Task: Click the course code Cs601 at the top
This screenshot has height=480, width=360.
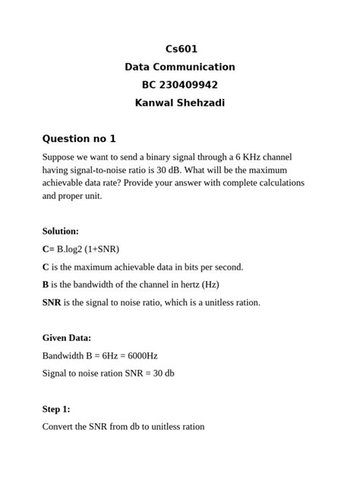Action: click(x=180, y=49)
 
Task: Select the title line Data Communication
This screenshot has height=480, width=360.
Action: click(x=180, y=67)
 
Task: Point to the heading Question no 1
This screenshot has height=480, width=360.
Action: click(x=79, y=139)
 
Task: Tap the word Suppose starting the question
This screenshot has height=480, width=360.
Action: click(x=59, y=157)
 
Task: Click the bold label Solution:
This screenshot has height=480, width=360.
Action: click(x=61, y=231)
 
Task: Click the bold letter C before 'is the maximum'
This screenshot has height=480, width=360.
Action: click(x=46, y=267)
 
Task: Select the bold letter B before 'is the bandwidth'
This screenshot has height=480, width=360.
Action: click(x=46, y=285)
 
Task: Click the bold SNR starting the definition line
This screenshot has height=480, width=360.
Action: click(x=52, y=302)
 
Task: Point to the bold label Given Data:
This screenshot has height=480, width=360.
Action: click(x=67, y=338)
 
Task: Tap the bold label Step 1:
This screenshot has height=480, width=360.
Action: click(x=56, y=409)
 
